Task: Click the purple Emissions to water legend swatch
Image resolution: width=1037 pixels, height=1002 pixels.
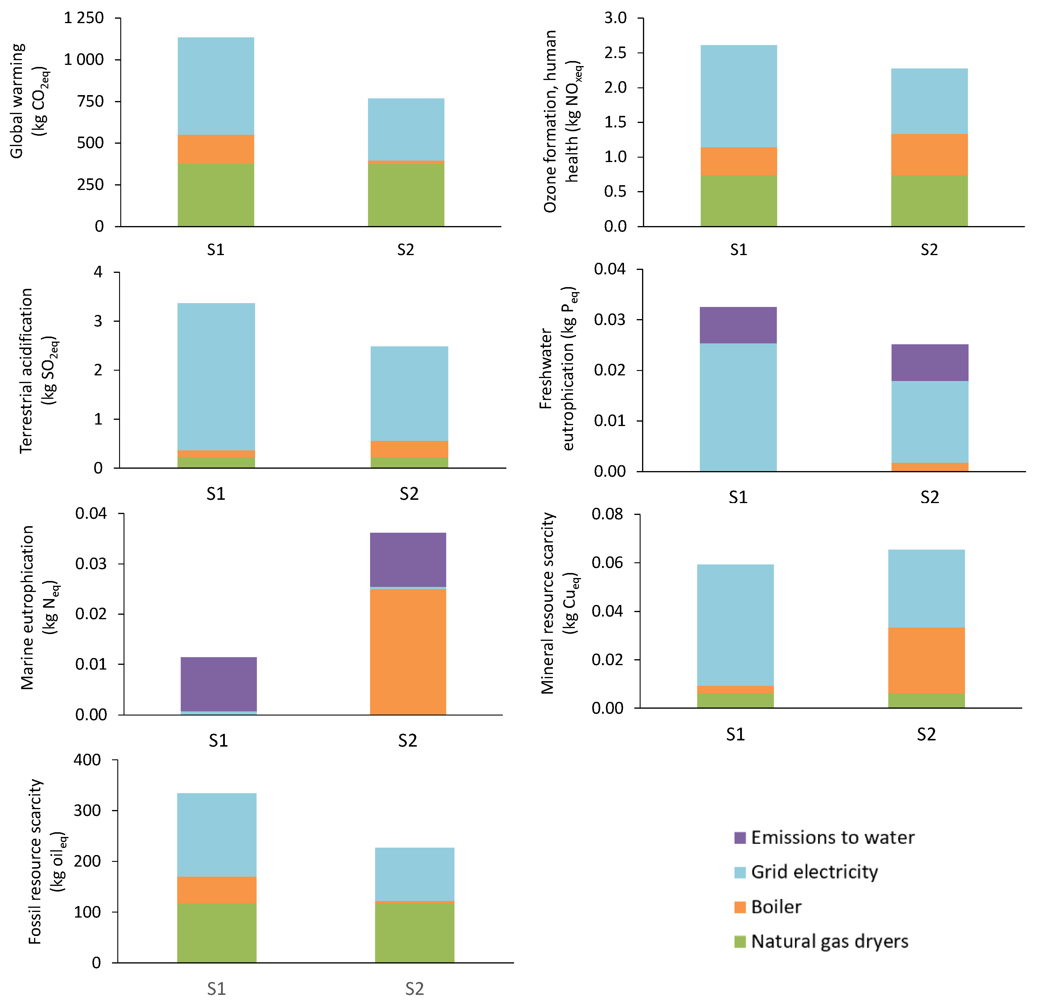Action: [x=740, y=838]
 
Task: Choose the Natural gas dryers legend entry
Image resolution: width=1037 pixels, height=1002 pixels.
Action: [x=829, y=941]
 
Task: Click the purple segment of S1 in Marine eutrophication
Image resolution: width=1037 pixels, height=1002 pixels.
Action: [x=219, y=684]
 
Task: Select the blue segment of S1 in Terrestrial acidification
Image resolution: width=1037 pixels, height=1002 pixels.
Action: [x=216, y=376]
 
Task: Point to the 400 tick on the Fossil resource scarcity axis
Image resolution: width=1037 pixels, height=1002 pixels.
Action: [x=87, y=760]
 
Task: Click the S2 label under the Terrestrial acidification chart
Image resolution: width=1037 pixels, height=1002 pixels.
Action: [x=409, y=494]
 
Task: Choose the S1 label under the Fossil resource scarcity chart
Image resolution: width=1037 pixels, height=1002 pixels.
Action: [x=216, y=989]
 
